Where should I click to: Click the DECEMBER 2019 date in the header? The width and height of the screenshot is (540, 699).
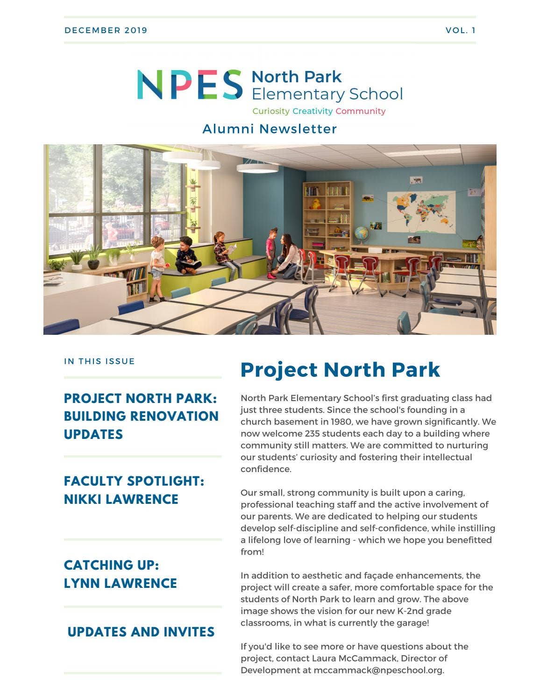pos(106,30)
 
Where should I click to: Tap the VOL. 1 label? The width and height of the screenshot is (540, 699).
pos(460,30)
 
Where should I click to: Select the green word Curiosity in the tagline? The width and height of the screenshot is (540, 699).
pos(271,111)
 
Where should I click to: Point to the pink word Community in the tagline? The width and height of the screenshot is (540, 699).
pos(360,111)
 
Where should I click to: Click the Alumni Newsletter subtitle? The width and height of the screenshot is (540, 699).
pos(270,129)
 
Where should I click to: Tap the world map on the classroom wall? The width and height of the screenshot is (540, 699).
pos(420,212)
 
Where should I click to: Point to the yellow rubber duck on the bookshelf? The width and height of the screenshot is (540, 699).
pos(316,203)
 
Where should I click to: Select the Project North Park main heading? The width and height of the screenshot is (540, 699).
pos(340,370)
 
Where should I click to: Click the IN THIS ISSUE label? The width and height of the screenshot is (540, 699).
pos(99,361)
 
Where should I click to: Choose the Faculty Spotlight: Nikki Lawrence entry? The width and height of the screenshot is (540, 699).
pos(134,490)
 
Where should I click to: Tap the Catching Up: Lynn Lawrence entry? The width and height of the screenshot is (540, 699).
pos(121,574)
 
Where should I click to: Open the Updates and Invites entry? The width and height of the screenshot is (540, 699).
pos(141,632)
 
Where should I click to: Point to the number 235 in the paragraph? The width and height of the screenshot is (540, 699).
pos(312,433)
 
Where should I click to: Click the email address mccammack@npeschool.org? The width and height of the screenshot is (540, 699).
pos(378,670)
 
